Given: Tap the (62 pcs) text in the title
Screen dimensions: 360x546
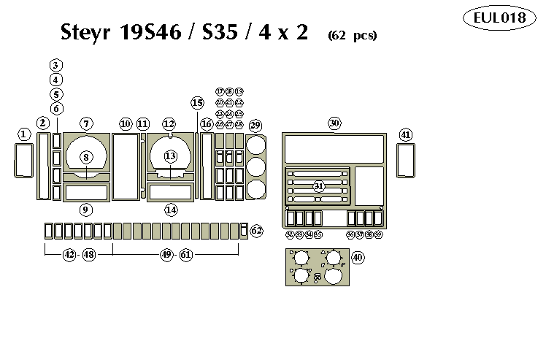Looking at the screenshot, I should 352,35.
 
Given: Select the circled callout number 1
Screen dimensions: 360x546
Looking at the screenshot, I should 24,134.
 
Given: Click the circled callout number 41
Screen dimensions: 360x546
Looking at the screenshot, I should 406,134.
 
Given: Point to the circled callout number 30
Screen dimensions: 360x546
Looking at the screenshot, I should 334,123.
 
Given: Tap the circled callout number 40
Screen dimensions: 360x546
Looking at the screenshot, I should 358,258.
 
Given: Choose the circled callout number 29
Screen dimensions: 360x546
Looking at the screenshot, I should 255,126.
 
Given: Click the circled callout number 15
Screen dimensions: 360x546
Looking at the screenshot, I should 197,103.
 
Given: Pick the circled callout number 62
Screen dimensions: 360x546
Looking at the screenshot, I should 256,231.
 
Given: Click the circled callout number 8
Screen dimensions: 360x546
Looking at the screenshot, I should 86,156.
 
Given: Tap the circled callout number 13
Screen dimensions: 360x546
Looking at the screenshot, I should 170,156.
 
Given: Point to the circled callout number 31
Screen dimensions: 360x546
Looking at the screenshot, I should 319,186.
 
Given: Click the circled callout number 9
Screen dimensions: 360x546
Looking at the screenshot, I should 86,210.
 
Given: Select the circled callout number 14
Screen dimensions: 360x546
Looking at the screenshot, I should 170,210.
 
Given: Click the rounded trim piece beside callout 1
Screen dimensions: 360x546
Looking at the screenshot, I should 23,161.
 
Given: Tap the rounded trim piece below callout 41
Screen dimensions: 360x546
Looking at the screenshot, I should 406,161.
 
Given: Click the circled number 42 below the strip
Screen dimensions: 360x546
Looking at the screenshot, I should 69,255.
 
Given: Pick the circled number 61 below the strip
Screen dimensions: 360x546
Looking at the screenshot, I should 186,255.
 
